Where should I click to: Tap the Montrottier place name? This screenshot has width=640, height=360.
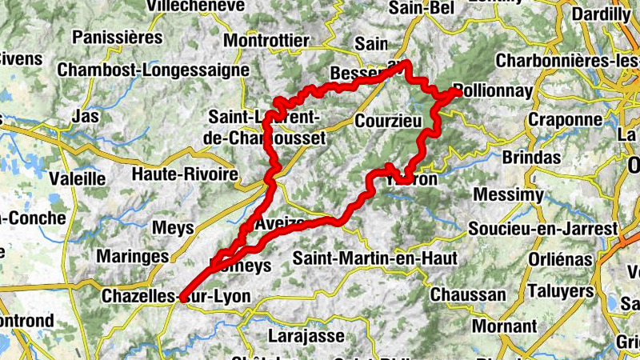click(x=266, y=41)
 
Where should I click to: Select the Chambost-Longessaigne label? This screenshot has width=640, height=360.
click(x=153, y=70)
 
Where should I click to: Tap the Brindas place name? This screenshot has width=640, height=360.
click(x=531, y=158)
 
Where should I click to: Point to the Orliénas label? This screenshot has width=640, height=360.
click(x=560, y=260)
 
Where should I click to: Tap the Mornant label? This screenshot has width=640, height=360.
click(x=504, y=326)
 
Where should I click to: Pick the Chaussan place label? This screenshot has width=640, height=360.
click(x=468, y=294)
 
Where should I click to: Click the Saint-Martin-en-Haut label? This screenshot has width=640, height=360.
click(x=374, y=258)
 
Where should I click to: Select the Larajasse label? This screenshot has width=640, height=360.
click(x=306, y=335)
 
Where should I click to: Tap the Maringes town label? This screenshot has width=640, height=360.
click(x=132, y=257)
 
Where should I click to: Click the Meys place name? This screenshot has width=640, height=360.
click(x=173, y=228)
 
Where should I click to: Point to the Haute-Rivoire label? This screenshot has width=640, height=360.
click(x=185, y=174)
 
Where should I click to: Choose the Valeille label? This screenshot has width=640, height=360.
click(x=77, y=178)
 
